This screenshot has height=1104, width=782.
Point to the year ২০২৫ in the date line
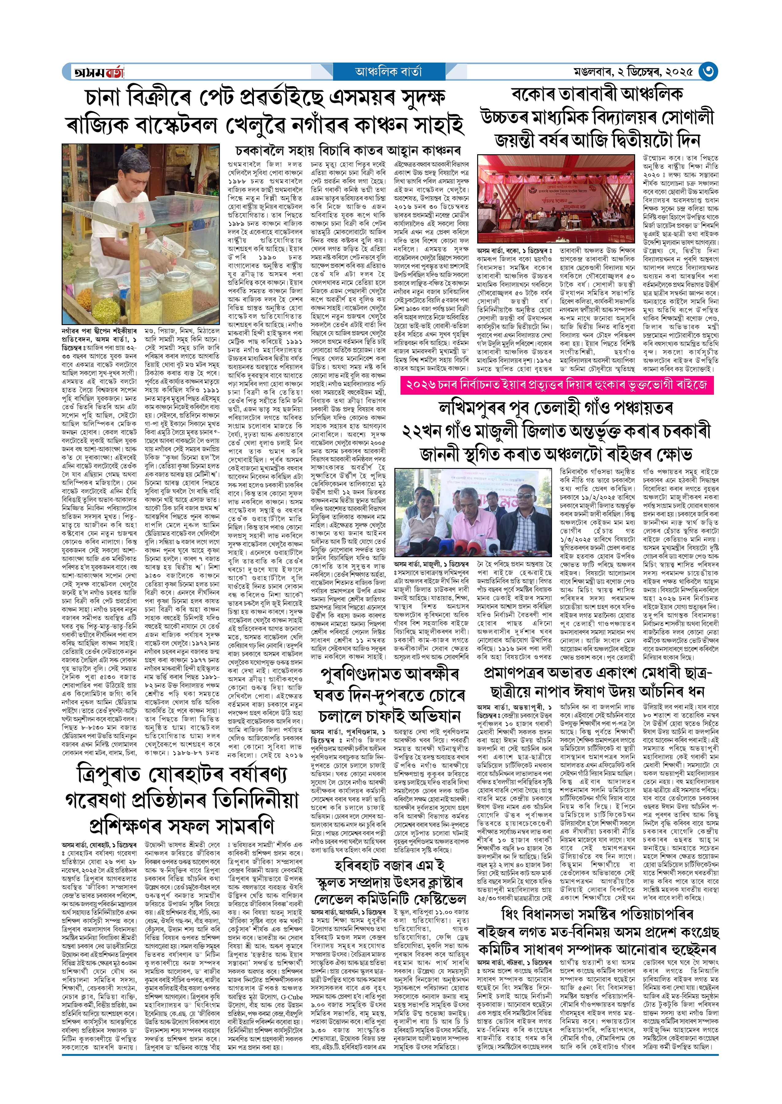[x=679, y=72]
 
